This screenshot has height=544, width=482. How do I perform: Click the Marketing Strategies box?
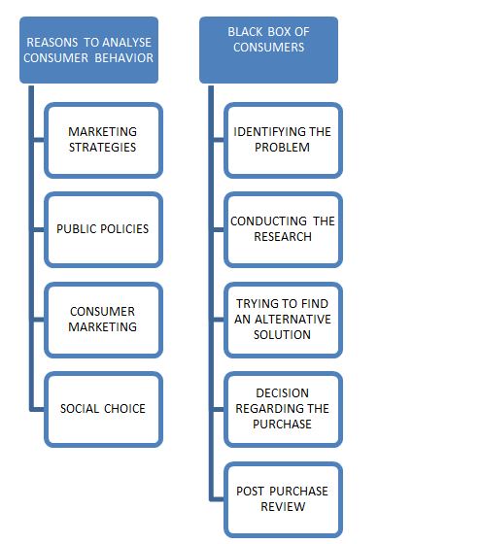click(x=103, y=140)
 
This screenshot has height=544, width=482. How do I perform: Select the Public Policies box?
click(x=103, y=229)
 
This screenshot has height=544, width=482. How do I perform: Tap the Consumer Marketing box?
click(x=103, y=320)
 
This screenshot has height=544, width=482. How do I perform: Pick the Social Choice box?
click(x=103, y=409)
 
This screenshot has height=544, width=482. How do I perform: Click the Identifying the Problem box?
click(x=283, y=140)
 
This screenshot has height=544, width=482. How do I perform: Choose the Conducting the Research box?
click(x=283, y=229)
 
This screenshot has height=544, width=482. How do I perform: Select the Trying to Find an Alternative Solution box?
click(x=283, y=320)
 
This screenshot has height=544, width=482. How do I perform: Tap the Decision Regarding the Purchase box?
click(x=283, y=409)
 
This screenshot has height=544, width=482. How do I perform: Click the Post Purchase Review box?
click(x=283, y=499)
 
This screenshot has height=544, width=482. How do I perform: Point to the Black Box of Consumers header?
click(x=268, y=50)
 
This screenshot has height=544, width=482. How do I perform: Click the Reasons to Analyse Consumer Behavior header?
click(x=88, y=50)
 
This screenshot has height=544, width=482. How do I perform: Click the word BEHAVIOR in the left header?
click(x=123, y=58)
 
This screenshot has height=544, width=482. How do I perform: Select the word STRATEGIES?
click(x=102, y=148)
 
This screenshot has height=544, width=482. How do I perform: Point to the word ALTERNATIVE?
click(x=293, y=320)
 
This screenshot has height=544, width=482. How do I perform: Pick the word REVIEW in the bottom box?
click(x=283, y=507)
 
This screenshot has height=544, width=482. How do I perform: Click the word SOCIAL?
click(x=80, y=409)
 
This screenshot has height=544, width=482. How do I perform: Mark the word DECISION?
click(x=282, y=393)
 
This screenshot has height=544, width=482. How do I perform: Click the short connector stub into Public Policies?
click(x=39, y=229)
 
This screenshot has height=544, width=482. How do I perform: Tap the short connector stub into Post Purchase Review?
click(x=219, y=499)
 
